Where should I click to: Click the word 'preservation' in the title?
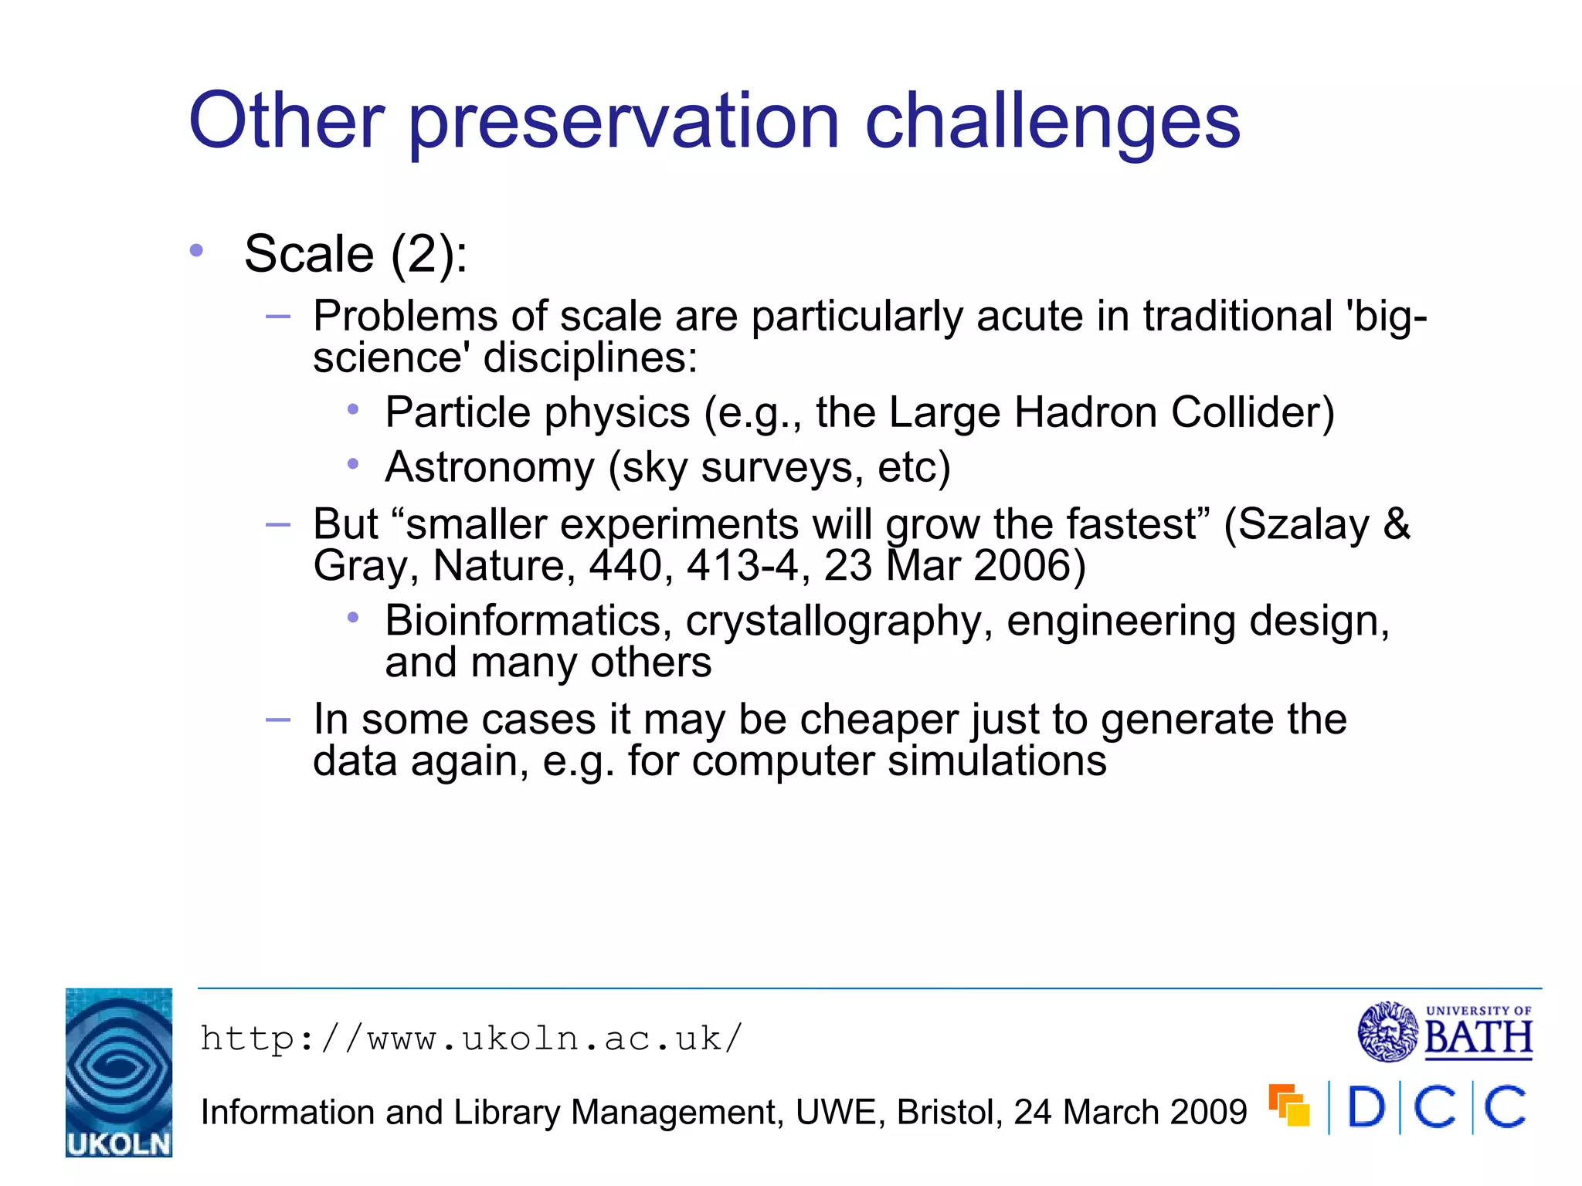[x=623, y=122]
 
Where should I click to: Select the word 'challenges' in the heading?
[x=1052, y=122]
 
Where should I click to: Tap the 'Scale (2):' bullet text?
[x=355, y=254]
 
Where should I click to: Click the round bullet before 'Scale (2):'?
[x=197, y=250]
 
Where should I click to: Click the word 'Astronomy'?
[x=490, y=467]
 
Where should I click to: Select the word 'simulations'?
[x=996, y=761]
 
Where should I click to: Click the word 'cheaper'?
[x=879, y=720]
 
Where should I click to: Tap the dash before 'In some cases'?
[x=277, y=720]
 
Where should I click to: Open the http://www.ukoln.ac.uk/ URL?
[x=471, y=1039]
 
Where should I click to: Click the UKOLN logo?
[x=119, y=1072]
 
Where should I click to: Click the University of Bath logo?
[x=1445, y=1032]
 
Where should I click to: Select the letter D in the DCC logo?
[x=1365, y=1107]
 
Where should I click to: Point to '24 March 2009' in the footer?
[x=1130, y=1113]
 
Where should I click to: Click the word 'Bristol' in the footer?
[x=949, y=1113]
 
